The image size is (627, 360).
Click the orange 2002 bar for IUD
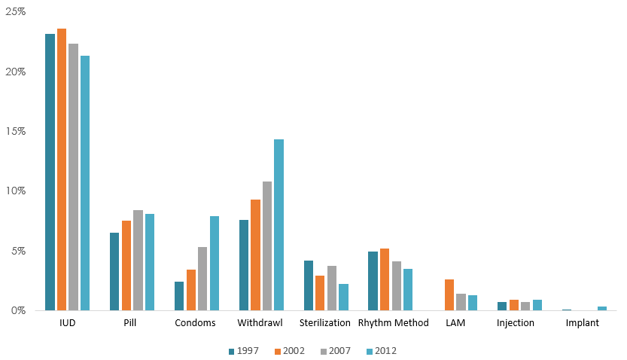tap(62, 169)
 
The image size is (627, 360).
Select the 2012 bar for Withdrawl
tap(278, 224)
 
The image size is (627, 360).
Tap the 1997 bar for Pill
tap(114, 272)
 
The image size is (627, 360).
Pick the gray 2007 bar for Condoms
tap(202, 279)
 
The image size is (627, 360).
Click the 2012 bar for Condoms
tap(215, 263)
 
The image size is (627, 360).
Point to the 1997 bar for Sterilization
tap(309, 285)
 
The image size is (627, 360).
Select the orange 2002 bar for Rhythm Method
tap(385, 279)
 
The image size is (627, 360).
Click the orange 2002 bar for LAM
tap(449, 294)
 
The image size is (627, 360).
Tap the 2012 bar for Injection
tap(537, 305)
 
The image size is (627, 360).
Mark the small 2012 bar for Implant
tap(602, 308)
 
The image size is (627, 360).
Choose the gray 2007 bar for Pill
tap(138, 261)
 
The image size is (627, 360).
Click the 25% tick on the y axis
tap(16, 11)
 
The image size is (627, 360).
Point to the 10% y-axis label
tap(16, 191)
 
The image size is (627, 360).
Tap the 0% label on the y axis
tap(18, 310)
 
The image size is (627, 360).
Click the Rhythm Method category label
tap(394, 323)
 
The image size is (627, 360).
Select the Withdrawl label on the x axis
tap(260, 323)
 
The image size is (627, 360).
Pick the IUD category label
tap(68, 323)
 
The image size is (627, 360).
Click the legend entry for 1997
tap(244, 351)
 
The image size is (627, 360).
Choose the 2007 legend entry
tap(336, 351)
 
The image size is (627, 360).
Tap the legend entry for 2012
tap(382, 351)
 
